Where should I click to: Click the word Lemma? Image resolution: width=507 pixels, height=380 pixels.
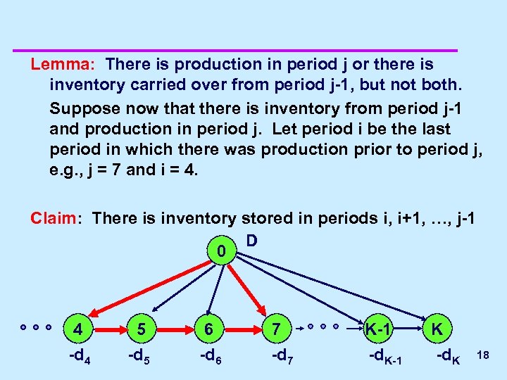56,65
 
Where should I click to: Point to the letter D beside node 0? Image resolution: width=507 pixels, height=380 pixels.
251,241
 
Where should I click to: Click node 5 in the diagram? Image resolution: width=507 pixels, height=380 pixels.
142,329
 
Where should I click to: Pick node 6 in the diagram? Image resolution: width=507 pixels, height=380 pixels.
207,329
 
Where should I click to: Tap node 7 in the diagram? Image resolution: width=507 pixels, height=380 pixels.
276,329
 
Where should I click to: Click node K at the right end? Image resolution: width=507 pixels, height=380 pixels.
437,329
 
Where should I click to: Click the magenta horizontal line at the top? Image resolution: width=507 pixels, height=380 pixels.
236,51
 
